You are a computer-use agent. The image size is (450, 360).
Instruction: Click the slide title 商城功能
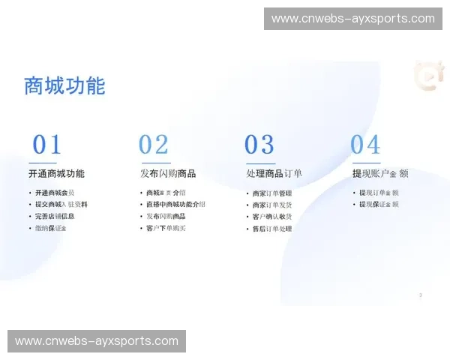pyautogui.click(x=64, y=85)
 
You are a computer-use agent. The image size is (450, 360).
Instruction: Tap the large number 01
pyautogui.click(x=46, y=144)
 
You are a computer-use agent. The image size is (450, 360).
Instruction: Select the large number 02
pyautogui.click(x=153, y=144)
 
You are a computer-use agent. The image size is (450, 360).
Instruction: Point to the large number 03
pyautogui.click(x=259, y=144)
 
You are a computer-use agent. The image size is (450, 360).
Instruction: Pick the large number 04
pyautogui.click(x=365, y=144)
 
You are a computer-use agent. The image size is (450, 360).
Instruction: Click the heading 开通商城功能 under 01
pyautogui.click(x=56, y=173)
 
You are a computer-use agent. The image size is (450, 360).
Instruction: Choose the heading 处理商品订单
pyautogui.click(x=274, y=173)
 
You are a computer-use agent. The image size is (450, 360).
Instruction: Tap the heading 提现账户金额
pyautogui.click(x=380, y=173)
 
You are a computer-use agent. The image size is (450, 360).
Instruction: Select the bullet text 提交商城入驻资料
pyautogui.click(x=61, y=204)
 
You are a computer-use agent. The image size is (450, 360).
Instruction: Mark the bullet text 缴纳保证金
pyautogui.click(x=50, y=228)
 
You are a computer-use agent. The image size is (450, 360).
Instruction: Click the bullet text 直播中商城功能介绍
pyautogui.click(x=175, y=204)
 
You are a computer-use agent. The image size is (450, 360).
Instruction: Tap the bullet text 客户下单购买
pyautogui.click(x=166, y=228)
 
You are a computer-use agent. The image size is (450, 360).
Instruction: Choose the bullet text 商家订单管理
pyautogui.click(x=272, y=193)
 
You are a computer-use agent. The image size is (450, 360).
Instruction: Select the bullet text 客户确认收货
pyautogui.click(x=272, y=217)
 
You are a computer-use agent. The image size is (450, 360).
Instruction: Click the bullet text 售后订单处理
pyautogui.click(x=272, y=229)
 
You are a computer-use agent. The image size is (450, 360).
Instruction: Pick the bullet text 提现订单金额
pyautogui.click(x=379, y=193)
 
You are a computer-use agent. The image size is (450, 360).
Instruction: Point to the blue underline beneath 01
pyautogui.click(x=43, y=162)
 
